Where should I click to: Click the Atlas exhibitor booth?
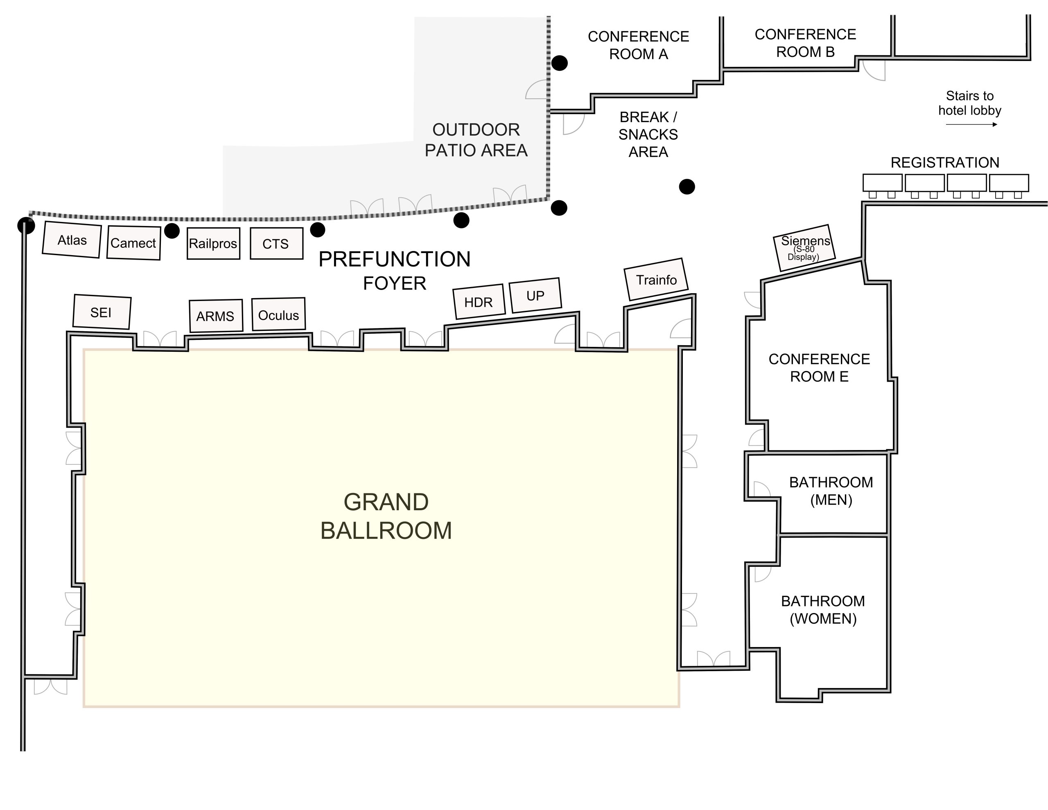[72, 240]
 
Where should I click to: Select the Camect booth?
[133, 242]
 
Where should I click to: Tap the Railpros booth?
[213, 243]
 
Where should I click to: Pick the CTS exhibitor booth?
[276, 243]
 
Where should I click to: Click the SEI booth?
[101, 312]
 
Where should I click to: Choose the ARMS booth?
[215, 316]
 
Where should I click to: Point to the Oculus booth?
[278, 314]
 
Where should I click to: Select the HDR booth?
[479, 301]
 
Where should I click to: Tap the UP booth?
[535, 295]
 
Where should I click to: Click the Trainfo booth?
[656, 279]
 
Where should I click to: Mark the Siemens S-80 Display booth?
[805, 248]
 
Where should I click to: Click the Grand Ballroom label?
[386, 516]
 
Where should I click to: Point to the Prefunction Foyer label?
[395, 271]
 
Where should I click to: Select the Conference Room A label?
[638, 45]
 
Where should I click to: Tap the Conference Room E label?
[819, 368]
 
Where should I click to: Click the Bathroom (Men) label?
[831, 491]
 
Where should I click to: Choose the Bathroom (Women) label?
[823, 609]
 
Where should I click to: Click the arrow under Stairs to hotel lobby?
[971, 124]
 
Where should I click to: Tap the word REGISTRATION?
[945, 162]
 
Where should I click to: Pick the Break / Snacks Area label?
[648, 134]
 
